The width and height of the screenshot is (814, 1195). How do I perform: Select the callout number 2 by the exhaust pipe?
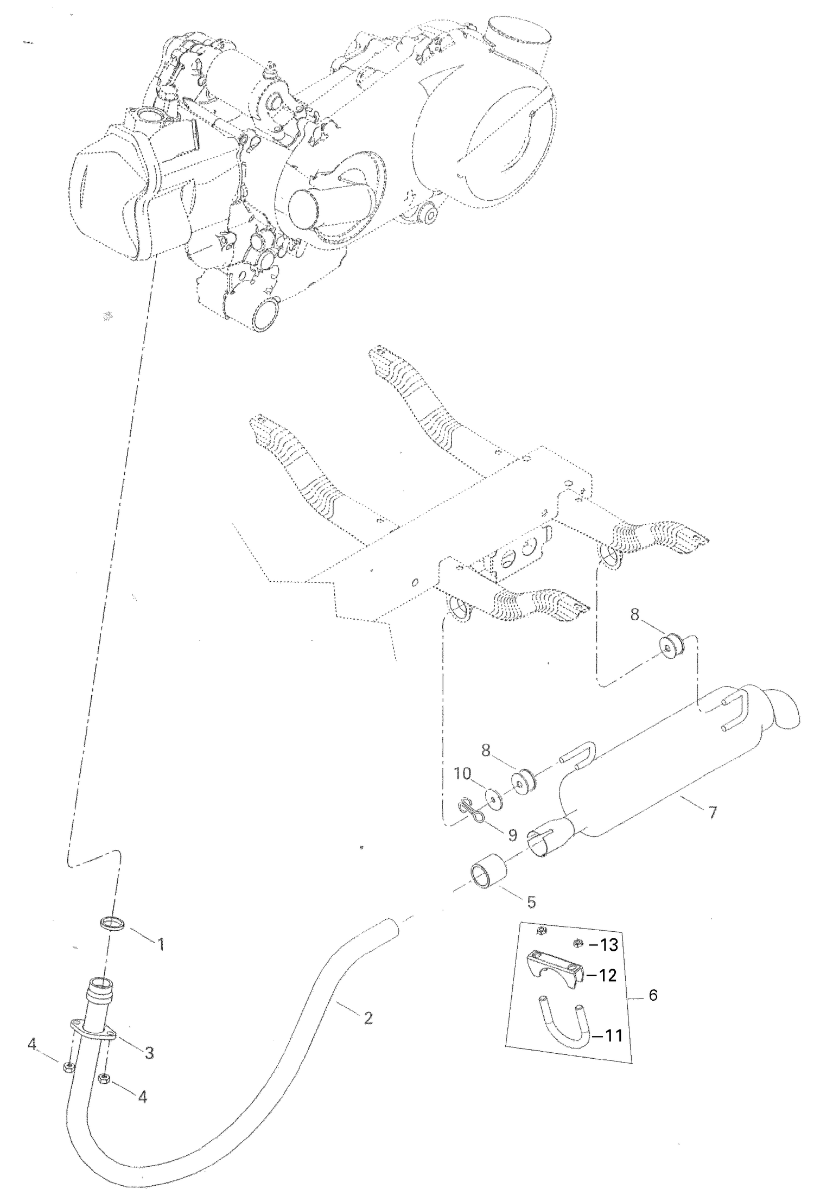[368, 1018]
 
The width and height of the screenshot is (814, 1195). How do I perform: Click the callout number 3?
[149, 1053]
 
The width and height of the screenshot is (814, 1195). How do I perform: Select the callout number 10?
[463, 774]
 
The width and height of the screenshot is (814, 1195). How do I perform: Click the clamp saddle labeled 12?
[555, 977]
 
